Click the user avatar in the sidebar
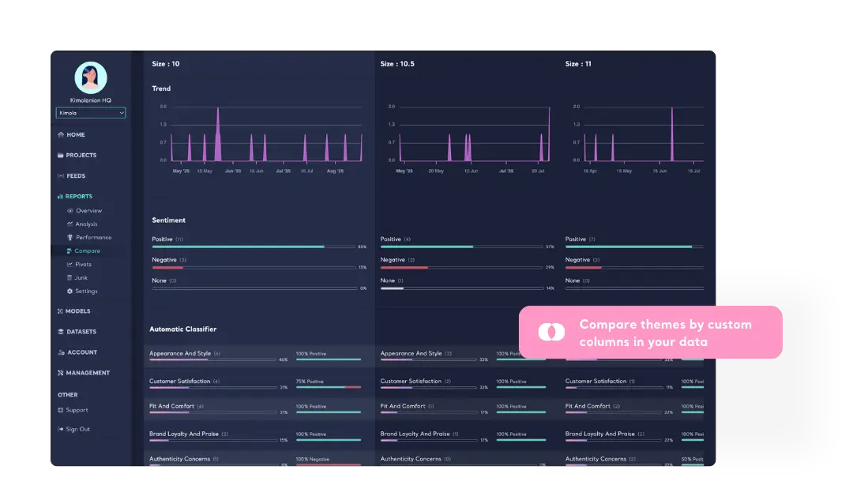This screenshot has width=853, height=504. [91, 77]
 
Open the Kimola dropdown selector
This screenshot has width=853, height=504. [91, 113]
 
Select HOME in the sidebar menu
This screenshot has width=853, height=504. [76, 135]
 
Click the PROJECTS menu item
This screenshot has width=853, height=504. [81, 156]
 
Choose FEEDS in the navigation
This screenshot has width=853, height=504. [76, 176]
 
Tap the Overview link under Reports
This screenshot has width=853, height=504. [88, 211]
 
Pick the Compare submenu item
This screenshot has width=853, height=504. [87, 251]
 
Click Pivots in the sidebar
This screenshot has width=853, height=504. [83, 265]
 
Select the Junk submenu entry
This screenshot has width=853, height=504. [81, 278]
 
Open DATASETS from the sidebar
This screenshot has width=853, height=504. [81, 332]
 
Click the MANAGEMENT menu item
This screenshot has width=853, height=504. [88, 373]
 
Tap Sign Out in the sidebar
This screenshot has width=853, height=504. [77, 430]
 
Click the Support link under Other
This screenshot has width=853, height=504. [77, 411]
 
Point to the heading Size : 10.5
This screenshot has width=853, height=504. [398, 64]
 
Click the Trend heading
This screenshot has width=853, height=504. [161, 88]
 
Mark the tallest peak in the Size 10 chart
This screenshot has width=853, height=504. [218, 108]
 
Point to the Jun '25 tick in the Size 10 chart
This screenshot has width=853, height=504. [233, 171]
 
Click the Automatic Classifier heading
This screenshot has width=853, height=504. [182, 329]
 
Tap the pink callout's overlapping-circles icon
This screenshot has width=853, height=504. [551, 332]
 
